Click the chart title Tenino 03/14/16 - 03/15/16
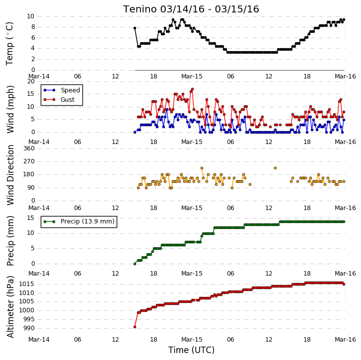coord(191,9)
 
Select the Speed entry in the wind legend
coord(62,90)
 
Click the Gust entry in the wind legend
coord(59,100)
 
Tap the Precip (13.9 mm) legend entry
coord(79,221)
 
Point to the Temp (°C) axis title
coord(9,44)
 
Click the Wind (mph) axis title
coord(10,109)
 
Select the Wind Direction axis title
coord(10,175)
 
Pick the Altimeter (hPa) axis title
coord(10,306)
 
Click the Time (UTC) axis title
coord(191,350)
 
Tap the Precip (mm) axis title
coord(10,241)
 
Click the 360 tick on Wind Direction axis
coord(29,148)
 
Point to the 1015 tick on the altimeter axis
coord(26,284)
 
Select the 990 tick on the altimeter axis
coord(29,328)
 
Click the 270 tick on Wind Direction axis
coord(29,161)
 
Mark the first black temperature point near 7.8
coord(135,28)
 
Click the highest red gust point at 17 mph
coord(193,89)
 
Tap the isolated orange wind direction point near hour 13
coord(276,168)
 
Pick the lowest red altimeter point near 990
coord(135,327)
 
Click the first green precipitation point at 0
coord(135,264)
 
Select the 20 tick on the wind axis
coord(31,81)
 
